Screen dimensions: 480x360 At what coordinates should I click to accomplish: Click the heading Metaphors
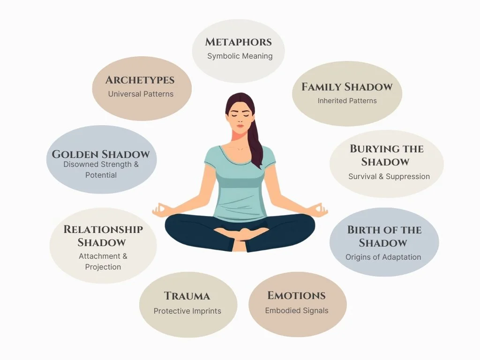(239, 42)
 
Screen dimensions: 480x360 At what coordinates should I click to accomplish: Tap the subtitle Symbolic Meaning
(240, 56)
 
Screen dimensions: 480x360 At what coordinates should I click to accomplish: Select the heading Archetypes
(140, 80)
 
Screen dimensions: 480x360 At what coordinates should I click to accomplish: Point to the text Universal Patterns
(141, 94)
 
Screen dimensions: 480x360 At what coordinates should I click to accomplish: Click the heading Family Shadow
(347, 87)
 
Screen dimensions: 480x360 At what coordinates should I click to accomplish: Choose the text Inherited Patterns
(347, 100)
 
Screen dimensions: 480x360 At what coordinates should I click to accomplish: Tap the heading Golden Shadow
(101, 154)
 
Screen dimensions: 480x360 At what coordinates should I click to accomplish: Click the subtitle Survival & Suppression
(389, 176)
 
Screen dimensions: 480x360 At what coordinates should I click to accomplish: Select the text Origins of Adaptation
(383, 257)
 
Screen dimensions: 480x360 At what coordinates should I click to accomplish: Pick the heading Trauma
(187, 296)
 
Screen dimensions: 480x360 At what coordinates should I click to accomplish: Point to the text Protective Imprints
(187, 311)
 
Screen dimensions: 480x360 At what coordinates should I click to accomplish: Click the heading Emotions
(296, 295)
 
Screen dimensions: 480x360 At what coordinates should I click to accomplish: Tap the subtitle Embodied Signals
(297, 310)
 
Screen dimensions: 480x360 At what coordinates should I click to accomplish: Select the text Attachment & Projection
(103, 262)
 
